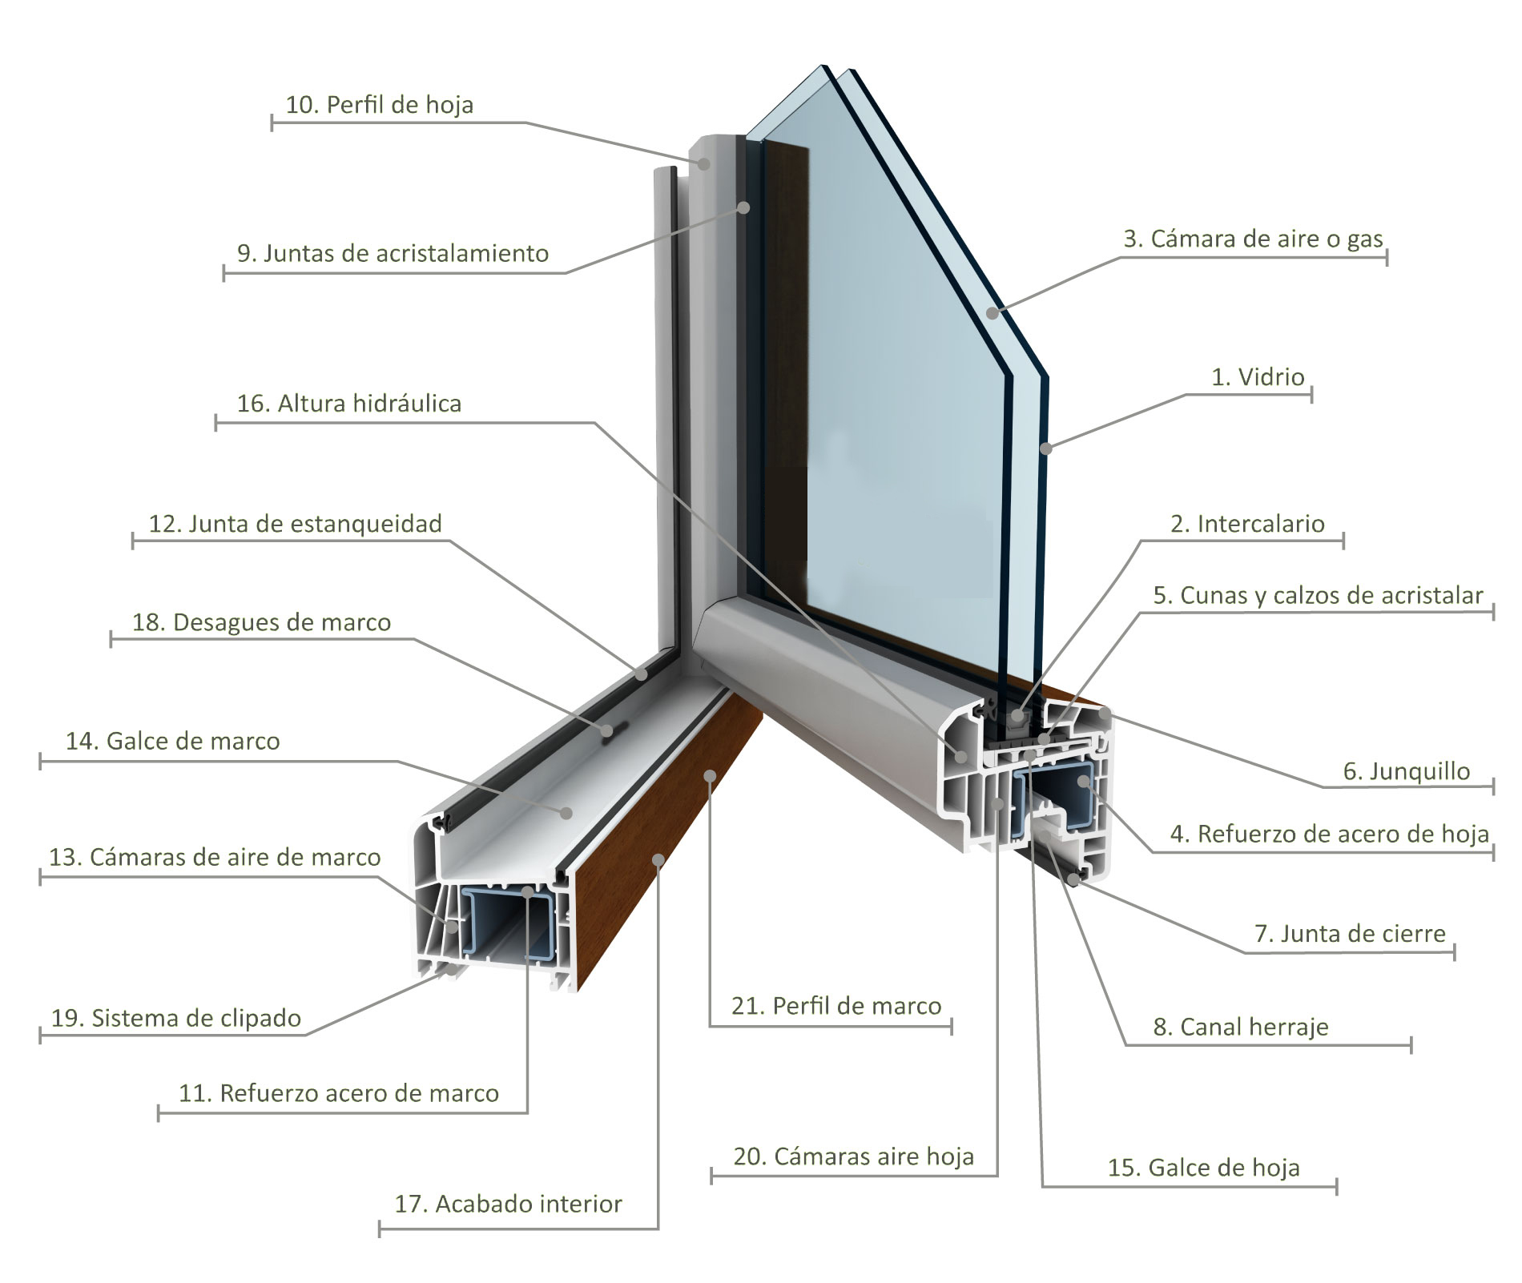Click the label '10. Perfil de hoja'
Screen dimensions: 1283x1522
[379, 105]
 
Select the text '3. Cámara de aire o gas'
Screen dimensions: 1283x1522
[1254, 239]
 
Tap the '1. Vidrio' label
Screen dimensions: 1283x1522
[1258, 376]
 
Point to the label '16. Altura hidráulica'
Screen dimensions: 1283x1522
[349, 403]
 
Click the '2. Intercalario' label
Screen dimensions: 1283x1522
[1247, 524]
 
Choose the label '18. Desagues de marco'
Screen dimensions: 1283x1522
[261, 622]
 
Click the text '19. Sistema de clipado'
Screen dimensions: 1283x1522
[176, 1018]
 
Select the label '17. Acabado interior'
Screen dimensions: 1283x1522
[508, 1204]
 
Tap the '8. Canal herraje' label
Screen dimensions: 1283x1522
[1241, 1027]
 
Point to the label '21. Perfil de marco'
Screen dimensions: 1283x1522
[836, 1006]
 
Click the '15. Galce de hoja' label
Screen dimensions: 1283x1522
[1203, 1168]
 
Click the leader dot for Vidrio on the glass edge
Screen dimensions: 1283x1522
[1045, 448]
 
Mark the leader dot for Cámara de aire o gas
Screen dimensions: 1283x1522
[993, 312]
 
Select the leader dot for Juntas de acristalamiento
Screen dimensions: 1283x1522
[743, 207]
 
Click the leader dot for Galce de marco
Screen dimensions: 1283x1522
[566, 812]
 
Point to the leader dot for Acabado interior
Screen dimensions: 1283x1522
[658, 859]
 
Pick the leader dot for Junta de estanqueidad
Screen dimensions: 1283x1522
[642, 674]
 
